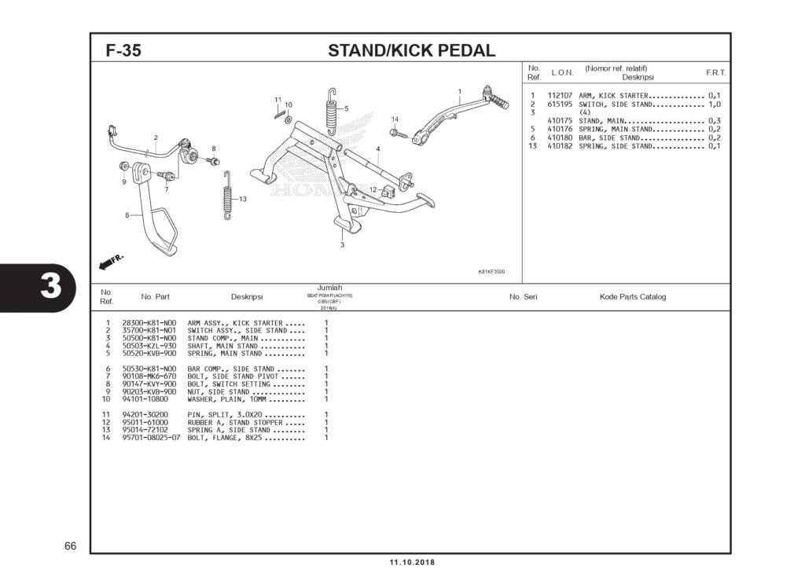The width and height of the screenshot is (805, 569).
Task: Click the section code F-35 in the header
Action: [123, 51]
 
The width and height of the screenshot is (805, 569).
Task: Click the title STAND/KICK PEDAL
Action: [411, 51]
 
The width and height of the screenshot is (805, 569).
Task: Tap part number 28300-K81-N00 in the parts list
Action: [149, 323]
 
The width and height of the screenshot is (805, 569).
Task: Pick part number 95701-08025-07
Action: [152, 438]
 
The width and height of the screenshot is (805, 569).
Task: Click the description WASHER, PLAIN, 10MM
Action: [229, 399]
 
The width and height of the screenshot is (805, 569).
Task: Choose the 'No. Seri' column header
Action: [524, 297]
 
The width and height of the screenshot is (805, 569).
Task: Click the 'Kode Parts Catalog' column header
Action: [632, 297]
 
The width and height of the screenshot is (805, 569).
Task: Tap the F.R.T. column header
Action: [715, 72]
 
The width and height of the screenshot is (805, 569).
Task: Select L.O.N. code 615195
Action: [559, 104]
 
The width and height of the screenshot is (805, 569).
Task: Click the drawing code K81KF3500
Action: [491, 272]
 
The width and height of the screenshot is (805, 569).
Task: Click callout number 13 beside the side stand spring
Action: [243, 199]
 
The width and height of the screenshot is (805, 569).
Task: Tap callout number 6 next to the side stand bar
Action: [127, 215]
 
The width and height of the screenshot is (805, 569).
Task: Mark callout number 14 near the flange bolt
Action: [395, 119]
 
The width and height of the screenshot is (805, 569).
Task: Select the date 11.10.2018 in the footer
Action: [411, 562]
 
